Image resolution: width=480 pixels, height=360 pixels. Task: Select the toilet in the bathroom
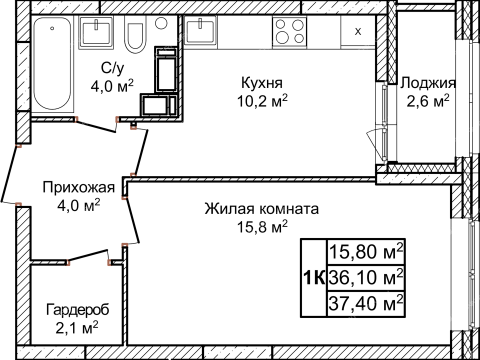(x=135, y=38)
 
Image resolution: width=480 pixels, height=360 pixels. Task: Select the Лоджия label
(x=426, y=83)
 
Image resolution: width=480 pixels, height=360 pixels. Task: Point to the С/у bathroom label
(x=112, y=68)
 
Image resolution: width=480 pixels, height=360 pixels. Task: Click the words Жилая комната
(x=261, y=210)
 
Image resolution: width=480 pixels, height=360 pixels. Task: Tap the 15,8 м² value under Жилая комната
(x=261, y=228)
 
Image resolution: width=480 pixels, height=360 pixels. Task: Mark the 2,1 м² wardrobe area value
(x=76, y=327)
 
